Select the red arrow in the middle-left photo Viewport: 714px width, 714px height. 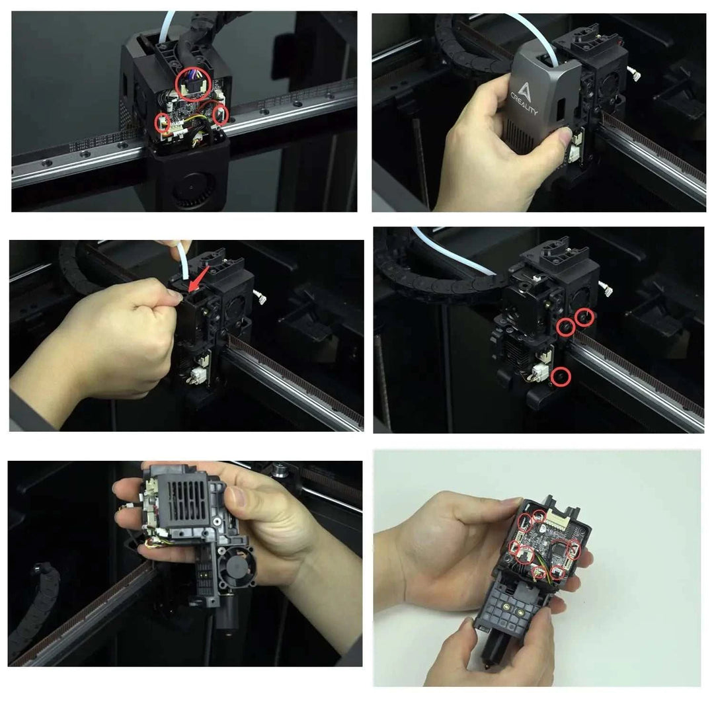click(x=198, y=279)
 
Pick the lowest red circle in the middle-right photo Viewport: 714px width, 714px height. click(x=561, y=377)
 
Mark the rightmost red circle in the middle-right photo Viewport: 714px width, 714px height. click(x=584, y=317)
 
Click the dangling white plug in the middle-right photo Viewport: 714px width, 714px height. click(x=606, y=288)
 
